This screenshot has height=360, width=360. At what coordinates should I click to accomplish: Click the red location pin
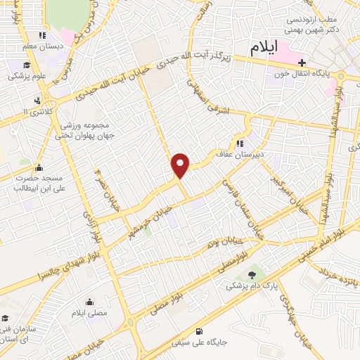(181, 165)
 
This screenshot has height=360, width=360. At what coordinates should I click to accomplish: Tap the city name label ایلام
(274, 47)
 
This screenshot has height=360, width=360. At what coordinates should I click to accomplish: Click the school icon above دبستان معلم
(41, 36)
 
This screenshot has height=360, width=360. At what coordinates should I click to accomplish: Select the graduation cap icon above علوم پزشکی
(14, 65)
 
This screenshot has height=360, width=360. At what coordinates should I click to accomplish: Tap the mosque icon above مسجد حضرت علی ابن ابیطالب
(38, 167)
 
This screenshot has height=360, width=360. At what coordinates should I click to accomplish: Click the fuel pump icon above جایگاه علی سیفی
(200, 331)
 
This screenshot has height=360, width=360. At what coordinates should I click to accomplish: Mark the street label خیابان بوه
(219, 243)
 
